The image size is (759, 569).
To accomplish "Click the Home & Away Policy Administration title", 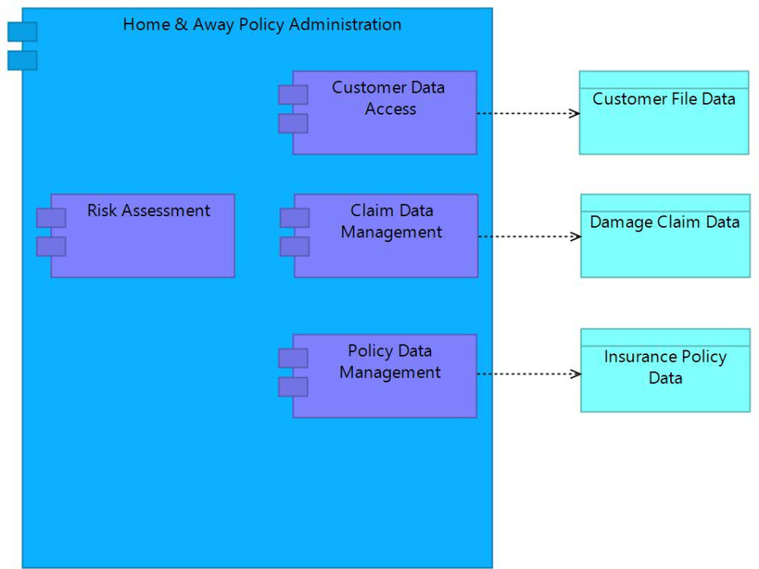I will click(262, 24).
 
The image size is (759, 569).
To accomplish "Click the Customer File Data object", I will click(663, 121).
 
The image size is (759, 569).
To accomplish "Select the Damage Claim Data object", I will click(665, 247).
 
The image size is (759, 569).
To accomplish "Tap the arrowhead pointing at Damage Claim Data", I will click(576, 236).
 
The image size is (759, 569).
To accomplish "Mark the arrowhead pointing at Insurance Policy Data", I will click(576, 374).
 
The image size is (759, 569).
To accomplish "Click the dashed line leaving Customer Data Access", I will click(524, 113).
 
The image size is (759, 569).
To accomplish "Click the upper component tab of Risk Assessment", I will click(51, 218).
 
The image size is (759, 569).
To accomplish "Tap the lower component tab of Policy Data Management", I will click(293, 387).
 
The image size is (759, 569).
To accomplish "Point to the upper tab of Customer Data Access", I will click(293, 95).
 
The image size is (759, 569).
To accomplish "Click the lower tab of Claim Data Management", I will click(294, 247).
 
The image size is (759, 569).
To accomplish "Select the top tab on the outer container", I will click(22, 32).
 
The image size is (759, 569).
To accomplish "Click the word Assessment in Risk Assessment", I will click(172, 211).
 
